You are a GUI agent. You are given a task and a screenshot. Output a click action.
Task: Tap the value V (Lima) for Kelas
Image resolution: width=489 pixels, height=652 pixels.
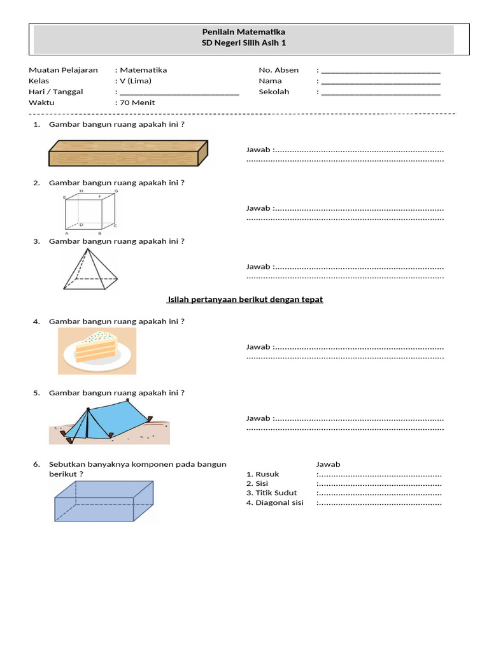tap(135, 81)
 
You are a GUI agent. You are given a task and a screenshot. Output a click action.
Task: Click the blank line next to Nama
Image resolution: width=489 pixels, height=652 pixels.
tap(381, 81)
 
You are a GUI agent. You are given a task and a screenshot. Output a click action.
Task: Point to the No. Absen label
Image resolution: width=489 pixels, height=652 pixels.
tap(278, 70)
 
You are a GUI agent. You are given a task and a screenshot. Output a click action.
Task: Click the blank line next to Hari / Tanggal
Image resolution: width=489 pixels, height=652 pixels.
tap(179, 92)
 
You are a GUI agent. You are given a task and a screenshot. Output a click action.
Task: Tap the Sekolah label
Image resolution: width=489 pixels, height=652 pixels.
tap(274, 92)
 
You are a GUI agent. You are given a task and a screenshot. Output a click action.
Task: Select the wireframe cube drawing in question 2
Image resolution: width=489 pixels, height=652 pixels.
tap(90, 212)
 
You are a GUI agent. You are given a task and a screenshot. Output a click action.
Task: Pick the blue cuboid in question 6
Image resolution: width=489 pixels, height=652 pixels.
tap(104, 501)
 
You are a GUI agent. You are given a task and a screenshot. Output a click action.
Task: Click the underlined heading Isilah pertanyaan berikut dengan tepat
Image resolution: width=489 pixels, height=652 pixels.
tap(245, 299)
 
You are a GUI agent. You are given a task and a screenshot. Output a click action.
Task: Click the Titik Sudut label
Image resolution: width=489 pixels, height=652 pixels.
tap(272, 493)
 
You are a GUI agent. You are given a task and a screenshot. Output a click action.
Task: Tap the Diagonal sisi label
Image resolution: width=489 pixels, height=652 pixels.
tap(275, 502)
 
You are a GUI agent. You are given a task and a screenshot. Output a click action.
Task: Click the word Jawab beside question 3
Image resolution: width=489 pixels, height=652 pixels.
tap(259, 267)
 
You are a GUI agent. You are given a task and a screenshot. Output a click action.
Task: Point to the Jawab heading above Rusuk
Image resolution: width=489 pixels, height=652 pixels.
tap(329, 464)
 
